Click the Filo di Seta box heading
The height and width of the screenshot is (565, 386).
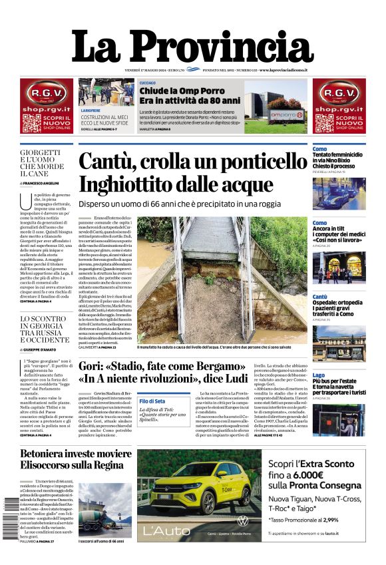(x=152, y=401)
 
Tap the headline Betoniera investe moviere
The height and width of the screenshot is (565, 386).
(x=76, y=454)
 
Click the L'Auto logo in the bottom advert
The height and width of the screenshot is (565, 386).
(x=166, y=531)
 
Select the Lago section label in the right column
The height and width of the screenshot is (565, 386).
(x=319, y=375)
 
